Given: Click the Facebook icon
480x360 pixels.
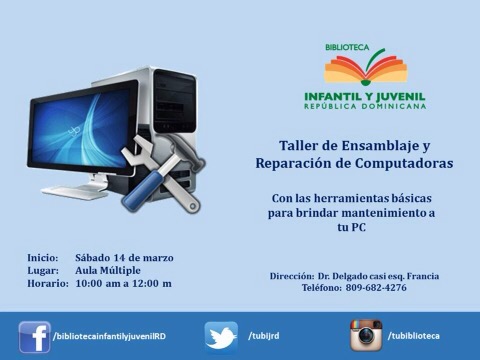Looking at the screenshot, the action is click(35, 337).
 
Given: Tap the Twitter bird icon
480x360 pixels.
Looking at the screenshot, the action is click(221, 337).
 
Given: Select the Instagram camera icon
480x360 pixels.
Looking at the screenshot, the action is click(366, 335).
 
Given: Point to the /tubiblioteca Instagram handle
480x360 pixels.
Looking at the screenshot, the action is click(413, 336).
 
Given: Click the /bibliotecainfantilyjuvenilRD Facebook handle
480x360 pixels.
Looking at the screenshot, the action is click(109, 336).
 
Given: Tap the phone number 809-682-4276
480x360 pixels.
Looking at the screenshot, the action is click(376, 287).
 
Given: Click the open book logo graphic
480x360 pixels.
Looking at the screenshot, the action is click(366, 67).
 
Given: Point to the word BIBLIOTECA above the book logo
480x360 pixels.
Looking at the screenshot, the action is click(347, 47).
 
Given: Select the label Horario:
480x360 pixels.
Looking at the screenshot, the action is click(48, 284).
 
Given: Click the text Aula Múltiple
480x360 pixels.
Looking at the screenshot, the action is click(108, 270).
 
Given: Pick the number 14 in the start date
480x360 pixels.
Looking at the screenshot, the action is click(119, 258).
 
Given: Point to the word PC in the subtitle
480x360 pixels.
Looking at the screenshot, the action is click(358, 227).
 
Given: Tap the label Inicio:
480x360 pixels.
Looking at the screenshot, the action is click(43, 258).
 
